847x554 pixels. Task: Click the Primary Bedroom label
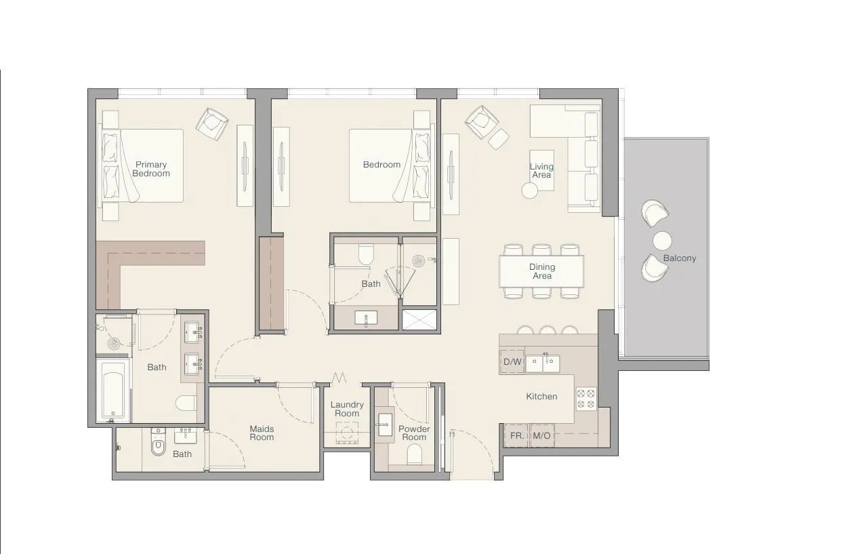click(150, 169)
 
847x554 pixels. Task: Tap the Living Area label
click(541, 170)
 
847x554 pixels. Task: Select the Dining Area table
click(541, 271)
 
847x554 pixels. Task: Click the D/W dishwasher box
click(512, 361)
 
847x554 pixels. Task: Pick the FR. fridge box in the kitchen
click(516, 435)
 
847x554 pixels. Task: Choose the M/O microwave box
click(541, 435)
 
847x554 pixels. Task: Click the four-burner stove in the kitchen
click(586, 399)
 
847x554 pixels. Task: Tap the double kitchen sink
click(543, 363)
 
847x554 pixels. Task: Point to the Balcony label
click(679, 258)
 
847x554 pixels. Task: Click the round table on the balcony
click(662, 241)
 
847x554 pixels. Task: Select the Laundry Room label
click(346, 409)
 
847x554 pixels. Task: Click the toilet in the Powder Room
click(414, 456)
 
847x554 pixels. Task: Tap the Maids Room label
click(262, 433)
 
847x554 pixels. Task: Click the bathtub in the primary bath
click(114, 391)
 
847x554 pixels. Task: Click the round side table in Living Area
click(530, 191)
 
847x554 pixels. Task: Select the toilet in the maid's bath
click(159, 443)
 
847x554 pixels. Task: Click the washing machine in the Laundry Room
click(347, 433)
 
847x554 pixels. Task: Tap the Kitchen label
click(541, 396)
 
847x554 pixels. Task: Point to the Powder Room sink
click(384, 426)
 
